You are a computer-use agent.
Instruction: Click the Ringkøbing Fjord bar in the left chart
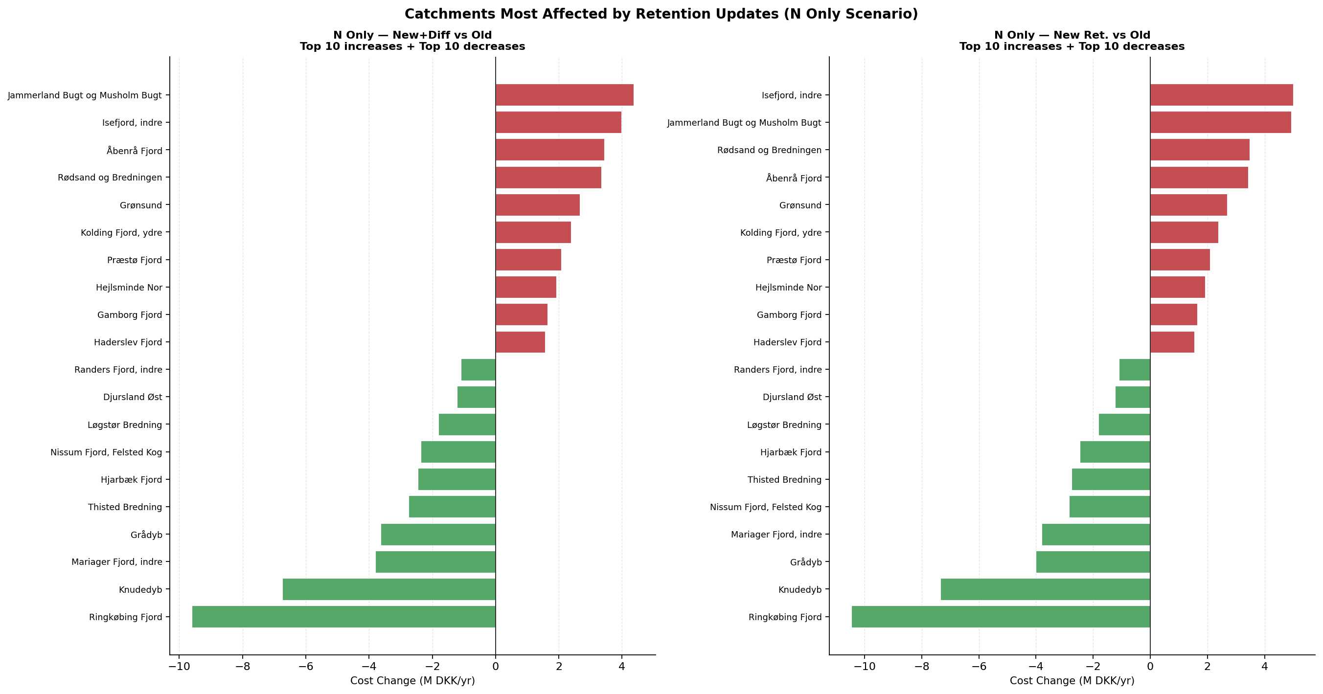(x=343, y=617)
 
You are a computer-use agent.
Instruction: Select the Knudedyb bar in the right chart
(x=1045, y=589)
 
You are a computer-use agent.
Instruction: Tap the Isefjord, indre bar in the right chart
(x=1221, y=95)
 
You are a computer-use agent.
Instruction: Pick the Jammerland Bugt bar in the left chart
(x=565, y=95)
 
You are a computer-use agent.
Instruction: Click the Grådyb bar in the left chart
(x=438, y=535)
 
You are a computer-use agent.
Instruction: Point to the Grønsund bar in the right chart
(x=1188, y=205)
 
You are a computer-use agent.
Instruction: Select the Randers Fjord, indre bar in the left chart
(x=478, y=370)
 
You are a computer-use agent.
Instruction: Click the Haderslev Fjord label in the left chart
(x=128, y=342)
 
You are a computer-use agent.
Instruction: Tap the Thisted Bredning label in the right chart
(x=784, y=479)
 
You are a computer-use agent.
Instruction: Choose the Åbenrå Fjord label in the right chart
(x=794, y=178)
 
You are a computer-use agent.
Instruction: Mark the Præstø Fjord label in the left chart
(x=135, y=260)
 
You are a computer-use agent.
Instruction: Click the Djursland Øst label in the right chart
(x=792, y=397)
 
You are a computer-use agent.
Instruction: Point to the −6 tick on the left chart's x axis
(x=306, y=667)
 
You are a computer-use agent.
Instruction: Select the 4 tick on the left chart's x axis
(x=622, y=667)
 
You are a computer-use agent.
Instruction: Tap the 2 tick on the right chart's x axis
(x=1208, y=667)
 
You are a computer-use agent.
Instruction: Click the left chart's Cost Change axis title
(x=412, y=681)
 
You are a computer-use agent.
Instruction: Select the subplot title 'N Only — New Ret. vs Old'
(x=1072, y=35)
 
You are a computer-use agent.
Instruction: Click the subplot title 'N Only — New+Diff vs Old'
(x=412, y=35)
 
